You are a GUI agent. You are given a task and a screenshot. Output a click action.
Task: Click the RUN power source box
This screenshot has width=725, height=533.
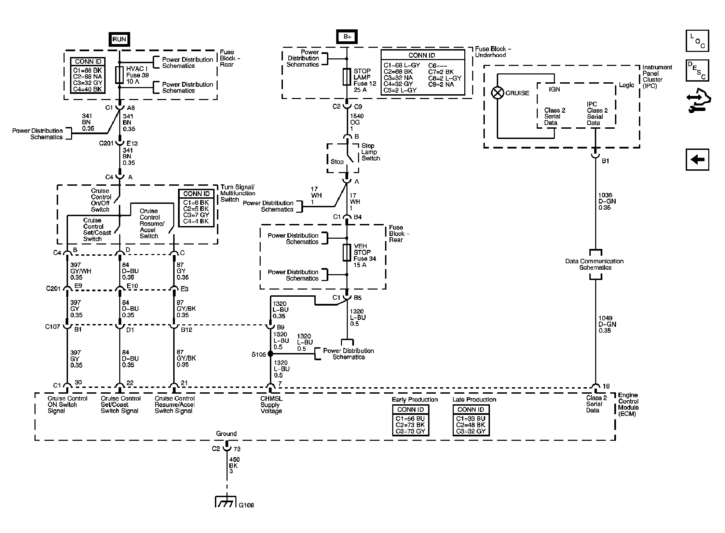pos(119,39)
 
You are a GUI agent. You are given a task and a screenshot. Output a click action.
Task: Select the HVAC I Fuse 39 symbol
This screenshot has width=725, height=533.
pos(119,75)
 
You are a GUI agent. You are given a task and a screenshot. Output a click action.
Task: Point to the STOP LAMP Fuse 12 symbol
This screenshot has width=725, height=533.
pos(347,77)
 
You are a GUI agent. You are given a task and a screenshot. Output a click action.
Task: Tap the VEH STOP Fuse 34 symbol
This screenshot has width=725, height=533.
pos(347,253)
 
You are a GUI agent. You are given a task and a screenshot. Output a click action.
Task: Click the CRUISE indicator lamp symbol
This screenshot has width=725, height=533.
pos(497,93)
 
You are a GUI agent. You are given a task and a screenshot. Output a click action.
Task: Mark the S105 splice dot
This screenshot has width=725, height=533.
pos(270,354)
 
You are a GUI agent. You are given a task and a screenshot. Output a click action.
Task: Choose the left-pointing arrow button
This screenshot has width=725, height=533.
pos(697,159)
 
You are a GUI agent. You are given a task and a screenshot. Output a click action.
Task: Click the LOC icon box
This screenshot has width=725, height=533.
pos(697,41)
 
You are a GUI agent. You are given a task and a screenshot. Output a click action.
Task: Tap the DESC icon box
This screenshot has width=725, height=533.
pos(697,70)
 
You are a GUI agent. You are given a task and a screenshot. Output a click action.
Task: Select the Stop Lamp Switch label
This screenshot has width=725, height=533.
pos(371,152)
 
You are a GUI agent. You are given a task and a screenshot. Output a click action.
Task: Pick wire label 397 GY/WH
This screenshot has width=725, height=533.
pos(81,271)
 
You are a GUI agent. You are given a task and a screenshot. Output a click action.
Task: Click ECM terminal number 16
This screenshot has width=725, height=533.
pos(606,386)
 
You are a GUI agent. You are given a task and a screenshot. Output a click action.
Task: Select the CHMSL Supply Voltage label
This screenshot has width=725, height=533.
pos(272,405)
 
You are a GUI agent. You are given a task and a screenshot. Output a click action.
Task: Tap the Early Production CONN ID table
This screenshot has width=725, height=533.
pos(410,420)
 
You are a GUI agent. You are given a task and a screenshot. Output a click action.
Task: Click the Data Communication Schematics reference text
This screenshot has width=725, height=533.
pos(594,264)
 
